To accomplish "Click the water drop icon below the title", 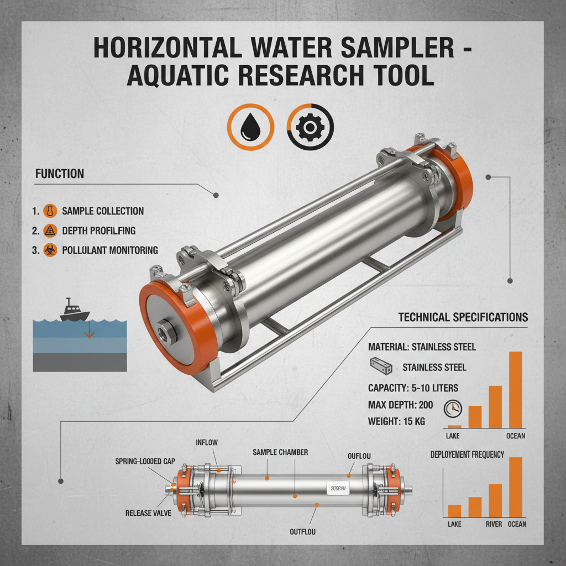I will (x=251, y=127).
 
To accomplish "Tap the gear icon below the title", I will (x=310, y=127).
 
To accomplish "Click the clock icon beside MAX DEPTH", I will (x=453, y=408).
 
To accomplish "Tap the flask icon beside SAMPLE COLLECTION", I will (x=50, y=211).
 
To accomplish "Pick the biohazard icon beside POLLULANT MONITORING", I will (x=50, y=250).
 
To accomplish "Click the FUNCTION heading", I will (x=59, y=174).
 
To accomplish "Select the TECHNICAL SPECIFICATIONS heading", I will (x=463, y=317).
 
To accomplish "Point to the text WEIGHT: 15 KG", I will (x=396, y=422).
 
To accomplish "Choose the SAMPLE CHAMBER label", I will (x=280, y=452).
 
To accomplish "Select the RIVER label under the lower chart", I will (x=494, y=523).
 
